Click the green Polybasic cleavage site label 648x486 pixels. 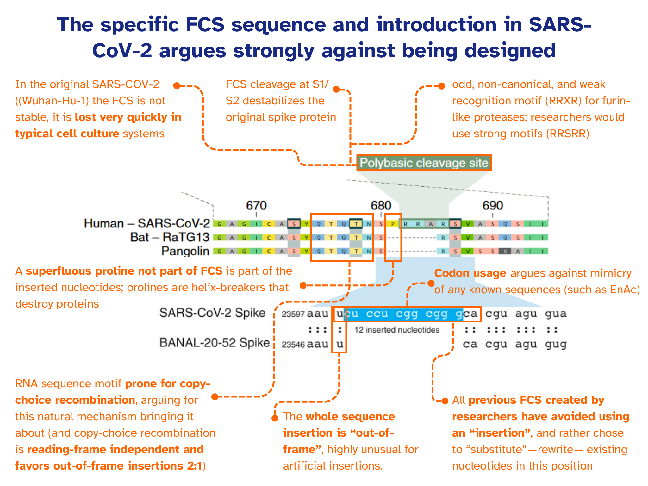click(x=424, y=163)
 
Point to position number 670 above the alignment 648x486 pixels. click(x=256, y=206)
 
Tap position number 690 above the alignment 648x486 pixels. click(x=493, y=206)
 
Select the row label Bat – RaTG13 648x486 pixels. click(x=170, y=237)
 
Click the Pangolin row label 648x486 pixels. click(x=185, y=251)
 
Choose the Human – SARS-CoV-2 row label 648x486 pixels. click(x=147, y=223)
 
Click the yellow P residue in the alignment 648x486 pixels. click(x=393, y=224)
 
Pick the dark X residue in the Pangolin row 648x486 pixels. click(x=505, y=251)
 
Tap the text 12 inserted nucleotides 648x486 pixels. click(x=397, y=330)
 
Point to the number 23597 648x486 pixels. click(x=293, y=314)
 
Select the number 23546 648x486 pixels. click(x=293, y=345)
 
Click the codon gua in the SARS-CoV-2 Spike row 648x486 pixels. click(x=556, y=314)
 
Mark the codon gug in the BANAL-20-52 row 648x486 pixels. click(x=556, y=344)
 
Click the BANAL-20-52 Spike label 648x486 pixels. click(x=215, y=343)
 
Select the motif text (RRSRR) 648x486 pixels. click(x=568, y=134)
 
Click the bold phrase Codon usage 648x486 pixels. click(x=470, y=273)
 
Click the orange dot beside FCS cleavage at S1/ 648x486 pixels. click(x=336, y=90)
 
